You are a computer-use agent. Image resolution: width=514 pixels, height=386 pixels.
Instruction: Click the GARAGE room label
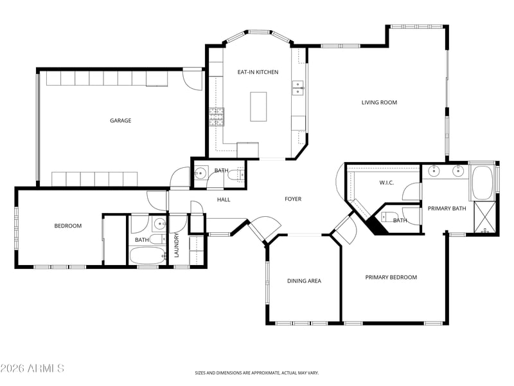pyautogui.click(x=121, y=120)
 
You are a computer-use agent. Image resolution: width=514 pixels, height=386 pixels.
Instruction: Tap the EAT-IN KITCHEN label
pyautogui.click(x=258, y=72)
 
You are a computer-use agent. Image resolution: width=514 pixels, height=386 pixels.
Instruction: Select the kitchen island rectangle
pyautogui.click(x=258, y=107)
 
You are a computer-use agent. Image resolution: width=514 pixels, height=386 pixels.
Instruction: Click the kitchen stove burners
pyautogui.click(x=217, y=117)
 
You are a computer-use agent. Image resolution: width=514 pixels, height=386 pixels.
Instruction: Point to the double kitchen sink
pyautogui.click(x=298, y=88)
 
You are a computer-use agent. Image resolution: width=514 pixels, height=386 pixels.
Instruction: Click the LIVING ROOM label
pyautogui.click(x=379, y=102)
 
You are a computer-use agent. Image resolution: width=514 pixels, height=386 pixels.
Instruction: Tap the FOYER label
pyautogui.click(x=293, y=199)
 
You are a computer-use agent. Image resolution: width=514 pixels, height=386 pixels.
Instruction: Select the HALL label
pyautogui.click(x=224, y=199)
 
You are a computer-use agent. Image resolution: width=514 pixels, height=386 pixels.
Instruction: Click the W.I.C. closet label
pyautogui.click(x=387, y=183)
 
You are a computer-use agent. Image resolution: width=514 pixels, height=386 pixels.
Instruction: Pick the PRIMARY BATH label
pyautogui.click(x=447, y=208)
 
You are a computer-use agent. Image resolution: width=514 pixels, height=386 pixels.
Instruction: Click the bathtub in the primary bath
pyautogui.click(x=482, y=183)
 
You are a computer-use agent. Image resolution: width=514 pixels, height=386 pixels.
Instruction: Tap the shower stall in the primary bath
pyautogui.click(x=485, y=218)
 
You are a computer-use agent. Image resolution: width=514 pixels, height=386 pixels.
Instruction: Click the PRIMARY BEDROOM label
pyautogui.click(x=391, y=277)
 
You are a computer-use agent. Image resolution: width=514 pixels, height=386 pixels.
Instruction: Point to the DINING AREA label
pyautogui.click(x=304, y=281)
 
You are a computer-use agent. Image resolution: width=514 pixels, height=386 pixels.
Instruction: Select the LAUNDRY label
pyautogui.click(x=176, y=245)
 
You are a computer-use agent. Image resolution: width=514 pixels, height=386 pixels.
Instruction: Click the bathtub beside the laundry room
pyautogui.click(x=147, y=255)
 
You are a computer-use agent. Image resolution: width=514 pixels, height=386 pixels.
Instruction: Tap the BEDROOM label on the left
pyautogui.click(x=68, y=226)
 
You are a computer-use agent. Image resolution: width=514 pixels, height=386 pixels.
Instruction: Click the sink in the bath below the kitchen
pyautogui.click(x=200, y=172)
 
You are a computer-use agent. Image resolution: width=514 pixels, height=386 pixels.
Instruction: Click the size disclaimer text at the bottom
pyautogui.click(x=257, y=373)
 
